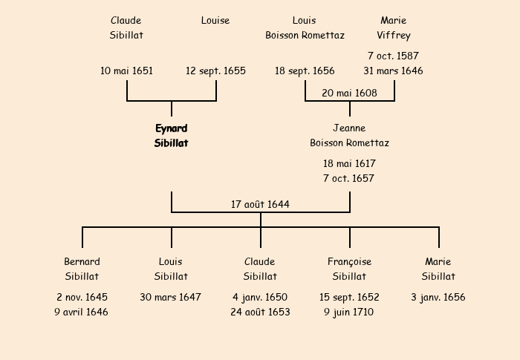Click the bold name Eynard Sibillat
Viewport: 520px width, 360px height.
pos(171,136)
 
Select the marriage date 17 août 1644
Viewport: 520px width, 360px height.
pos(260,204)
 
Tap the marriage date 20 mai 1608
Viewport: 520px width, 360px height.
pos(349,93)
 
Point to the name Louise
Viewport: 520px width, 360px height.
pos(215,21)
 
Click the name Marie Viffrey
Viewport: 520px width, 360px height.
pos(394,28)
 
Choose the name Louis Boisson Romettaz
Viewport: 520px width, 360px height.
pos(305,28)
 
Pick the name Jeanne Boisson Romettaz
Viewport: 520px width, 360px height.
pos(349,135)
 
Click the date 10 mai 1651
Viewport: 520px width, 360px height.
pos(126,71)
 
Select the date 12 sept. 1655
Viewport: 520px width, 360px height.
pos(215,71)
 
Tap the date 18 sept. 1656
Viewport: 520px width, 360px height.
pos(305,71)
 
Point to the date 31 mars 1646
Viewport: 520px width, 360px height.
pos(393,71)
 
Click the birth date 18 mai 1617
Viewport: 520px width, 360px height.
pos(349,163)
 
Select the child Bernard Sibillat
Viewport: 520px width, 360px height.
pos(82,269)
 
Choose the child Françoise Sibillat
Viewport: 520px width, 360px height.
pos(349,269)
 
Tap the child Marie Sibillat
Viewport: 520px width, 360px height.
pos(438,269)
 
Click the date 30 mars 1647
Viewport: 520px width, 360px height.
pos(170,297)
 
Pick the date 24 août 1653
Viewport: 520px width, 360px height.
pos(260,312)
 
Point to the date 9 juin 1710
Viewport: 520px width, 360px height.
pos(348,312)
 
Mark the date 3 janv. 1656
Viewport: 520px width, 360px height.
pos(438,297)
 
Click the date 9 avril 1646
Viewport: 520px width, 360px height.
pos(81,312)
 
